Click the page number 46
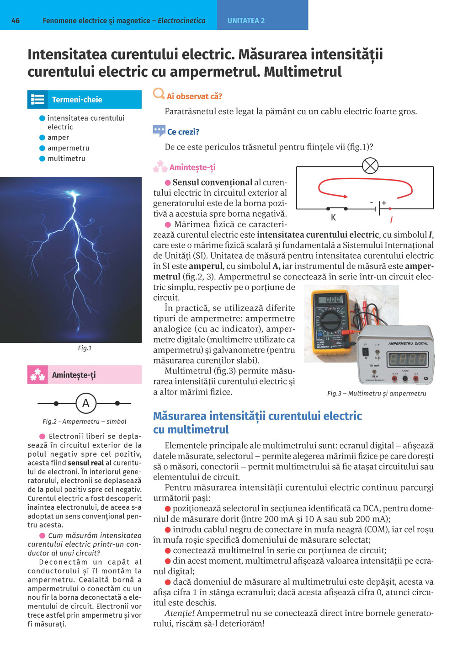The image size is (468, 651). coord(16,21)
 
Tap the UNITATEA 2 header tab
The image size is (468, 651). coord(246,21)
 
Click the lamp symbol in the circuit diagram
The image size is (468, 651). coord(370,165)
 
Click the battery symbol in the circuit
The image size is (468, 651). coord(378,208)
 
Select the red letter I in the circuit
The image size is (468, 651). coord(391,220)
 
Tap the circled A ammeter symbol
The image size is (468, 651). coord(85,403)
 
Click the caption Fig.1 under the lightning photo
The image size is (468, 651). coord(85,348)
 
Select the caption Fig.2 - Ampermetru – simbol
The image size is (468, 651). coord(85,422)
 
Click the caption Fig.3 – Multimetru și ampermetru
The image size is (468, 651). coord(377,393)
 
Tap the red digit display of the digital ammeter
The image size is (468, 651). coord(408,359)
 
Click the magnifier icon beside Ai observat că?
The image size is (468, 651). coord(159,94)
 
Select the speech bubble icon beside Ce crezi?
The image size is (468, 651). coord(159,131)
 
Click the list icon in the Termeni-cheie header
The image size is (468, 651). coord(37,99)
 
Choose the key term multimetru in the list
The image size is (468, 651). coord(66,159)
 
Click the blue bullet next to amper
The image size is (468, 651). coord(42,138)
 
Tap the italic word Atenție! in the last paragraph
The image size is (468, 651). coord(180,613)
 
